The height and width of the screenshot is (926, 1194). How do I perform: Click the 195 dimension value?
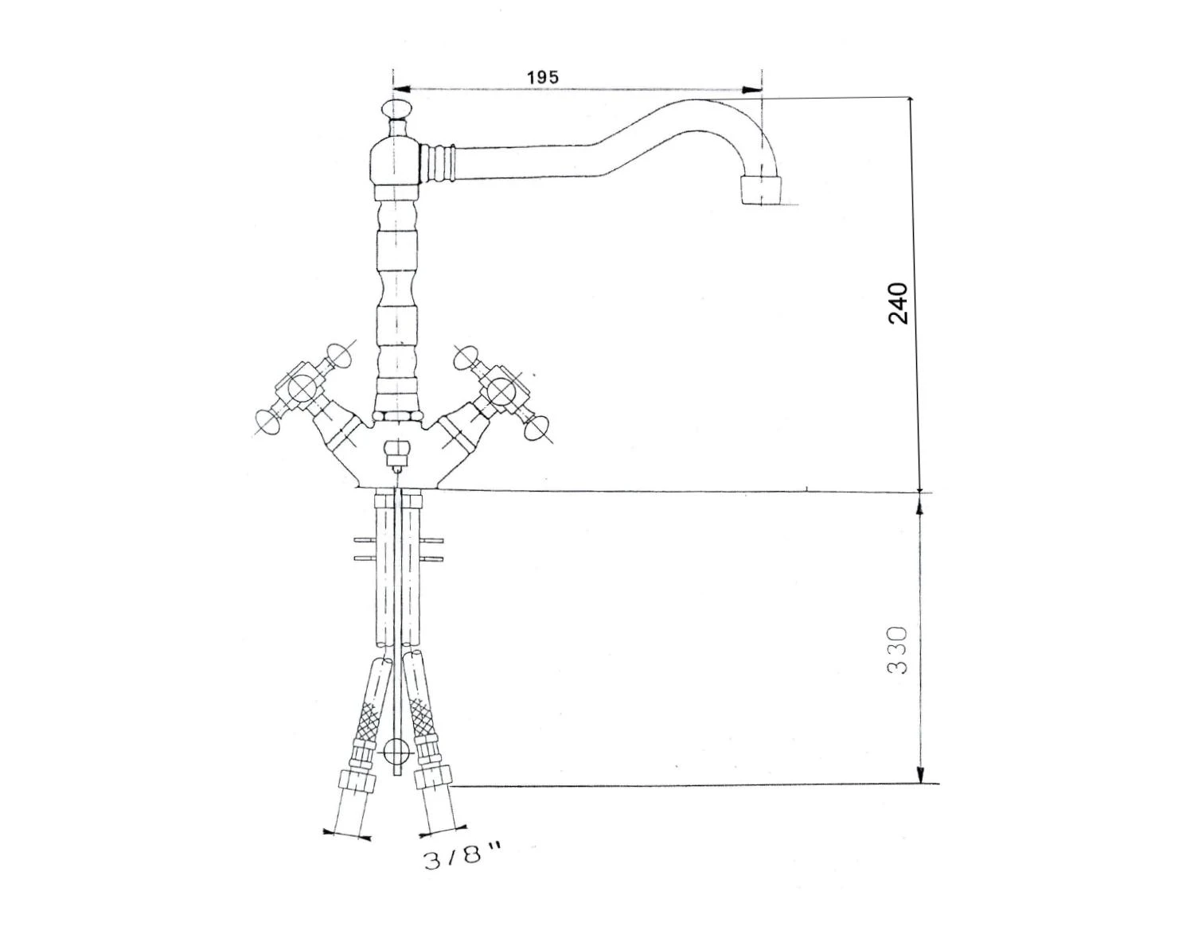click(543, 77)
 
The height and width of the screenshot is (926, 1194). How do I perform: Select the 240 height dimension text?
click(897, 302)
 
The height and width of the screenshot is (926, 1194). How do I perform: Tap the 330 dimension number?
click(897, 649)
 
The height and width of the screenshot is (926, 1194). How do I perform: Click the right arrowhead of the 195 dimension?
click(751, 89)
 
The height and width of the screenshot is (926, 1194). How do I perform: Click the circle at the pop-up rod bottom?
click(396, 750)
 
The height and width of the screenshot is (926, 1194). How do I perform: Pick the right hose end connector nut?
click(435, 776)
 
